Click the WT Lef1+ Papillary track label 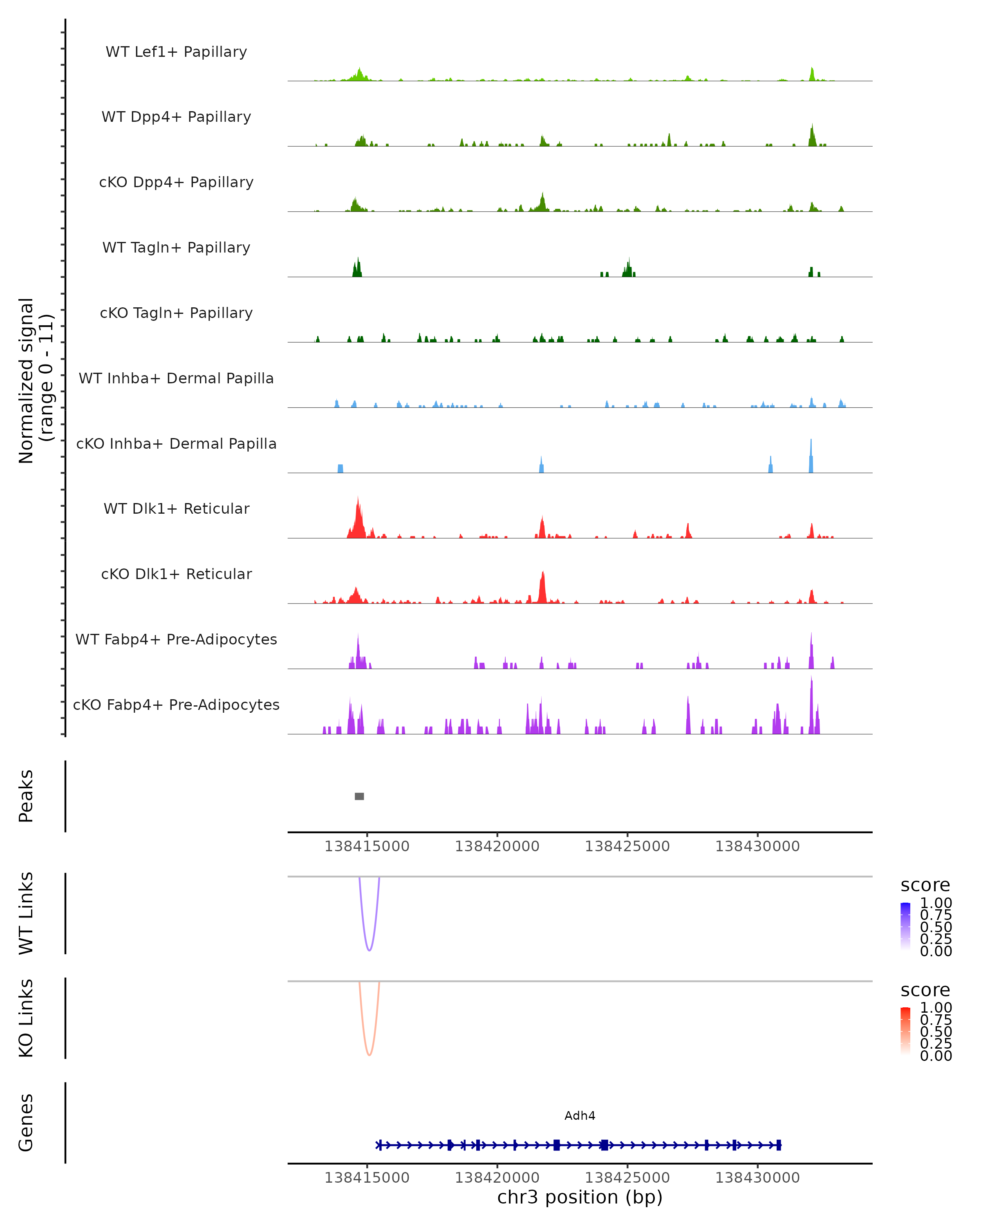[176, 52]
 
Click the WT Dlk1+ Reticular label [176, 508]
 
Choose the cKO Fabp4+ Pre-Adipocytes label [176, 705]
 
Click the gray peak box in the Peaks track [359, 796]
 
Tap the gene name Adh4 [580, 1116]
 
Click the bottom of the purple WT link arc [369, 950]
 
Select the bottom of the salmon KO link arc [369, 1054]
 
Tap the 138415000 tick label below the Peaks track [367, 846]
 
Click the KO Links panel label [26, 1018]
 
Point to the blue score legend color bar [905, 927]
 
